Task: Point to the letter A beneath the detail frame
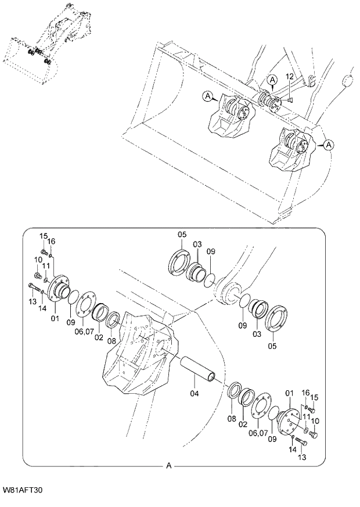(x=169, y=465)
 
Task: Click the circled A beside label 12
(x=272, y=79)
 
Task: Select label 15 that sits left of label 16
(x=44, y=236)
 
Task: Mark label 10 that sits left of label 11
(x=37, y=259)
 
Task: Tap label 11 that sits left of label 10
(x=306, y=416)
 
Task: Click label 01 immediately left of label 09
(x=55, y=318)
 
